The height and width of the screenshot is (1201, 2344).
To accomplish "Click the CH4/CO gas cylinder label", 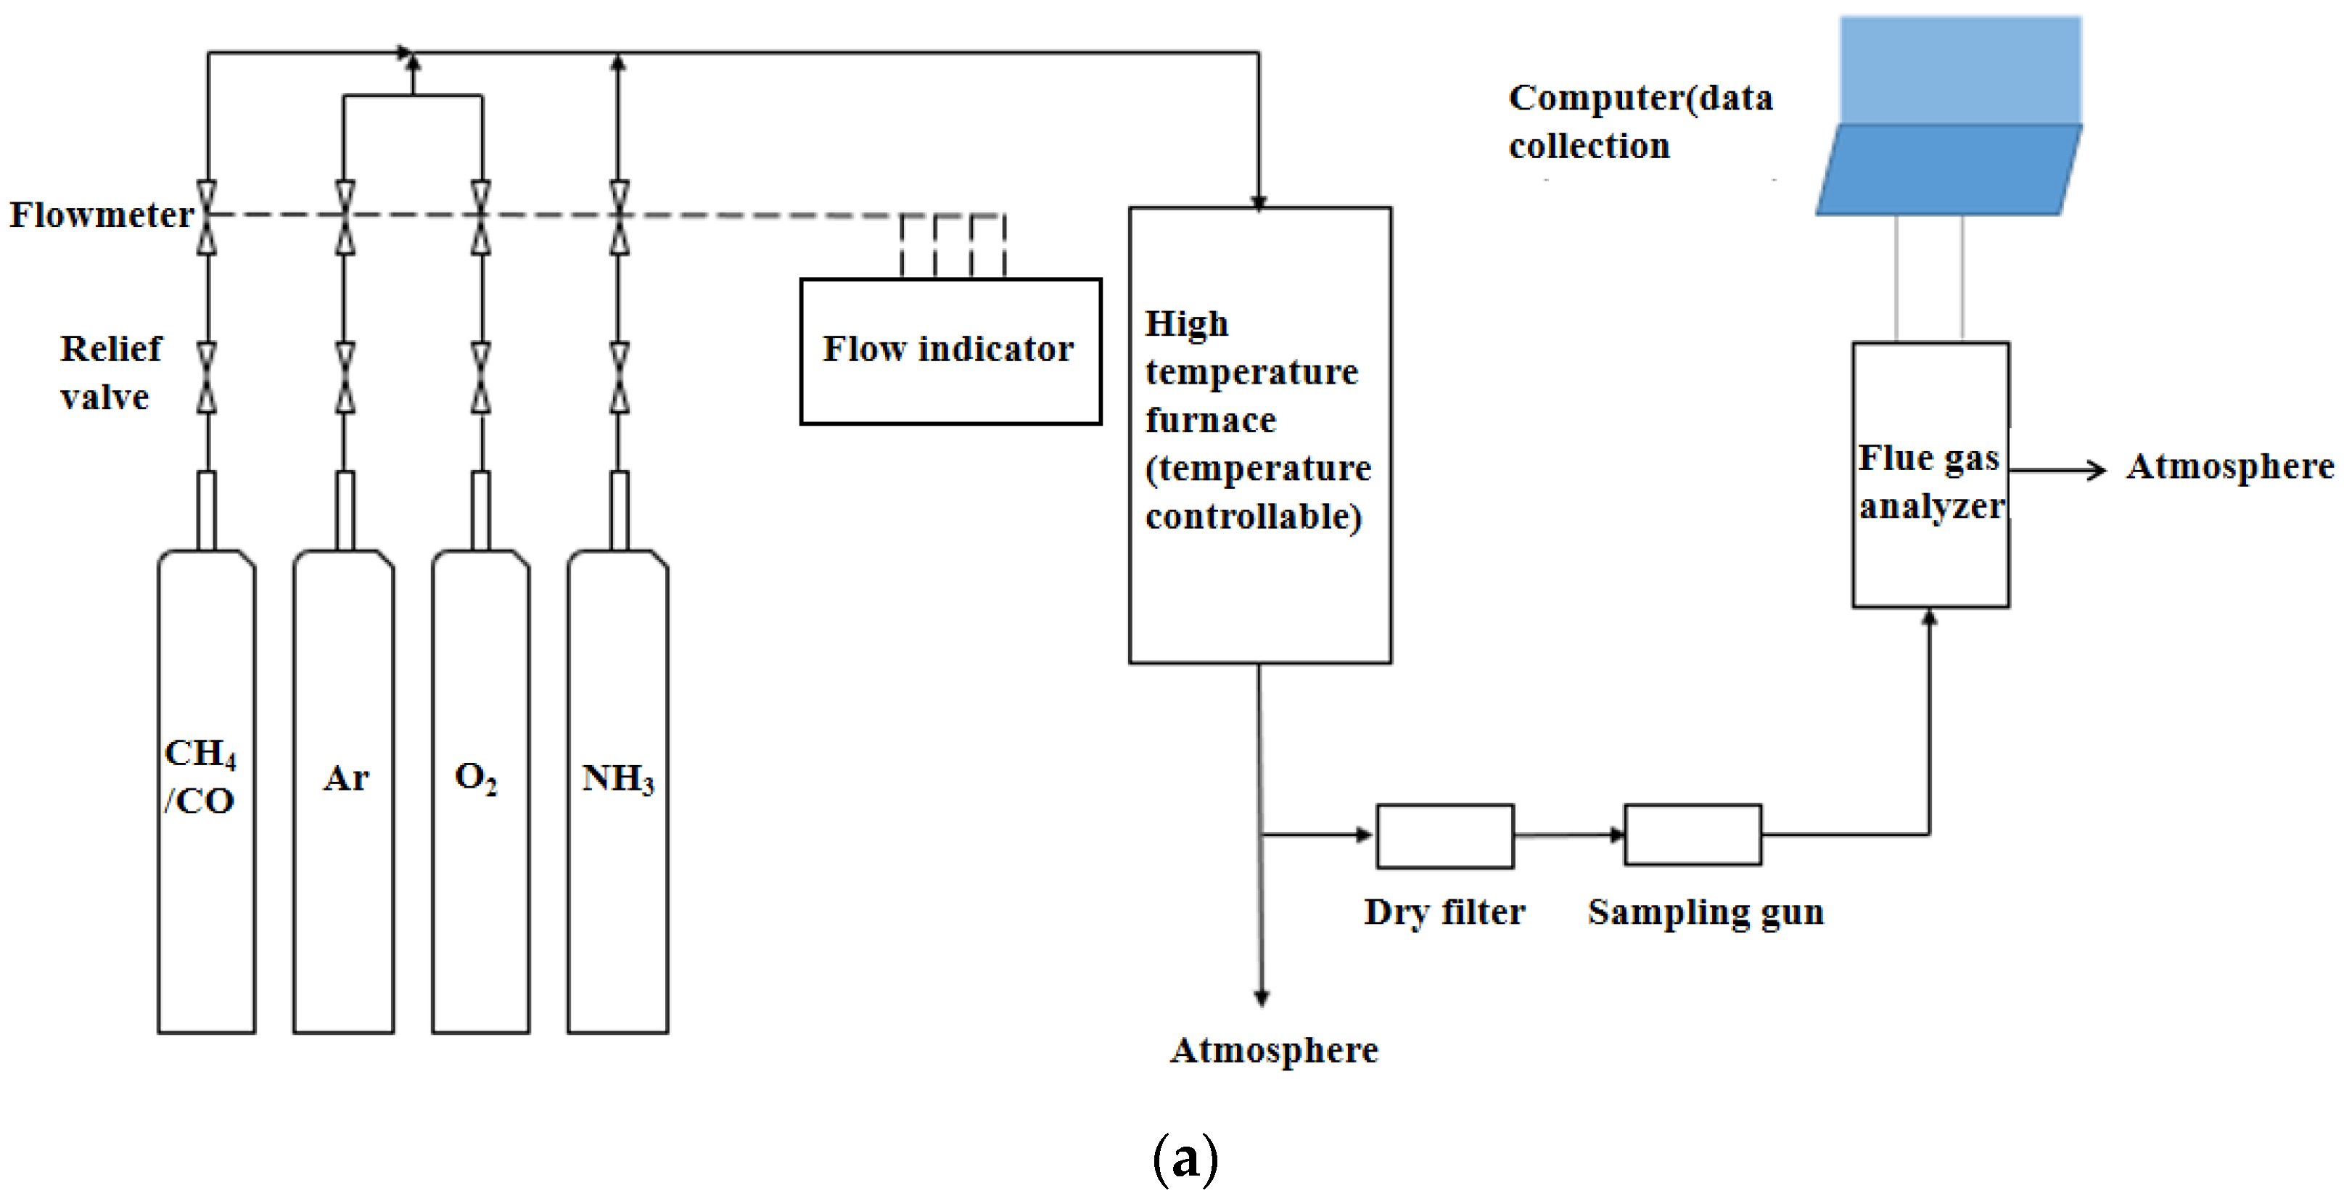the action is (x=200, y=776).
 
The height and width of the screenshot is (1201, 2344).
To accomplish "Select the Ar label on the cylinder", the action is (x=346, y=778).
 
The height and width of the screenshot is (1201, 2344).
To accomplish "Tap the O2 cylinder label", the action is (x=476, y=778).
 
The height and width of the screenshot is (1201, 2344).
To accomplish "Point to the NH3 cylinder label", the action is (x=618, y=779).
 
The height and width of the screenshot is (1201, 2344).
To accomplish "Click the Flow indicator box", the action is (x=951, y=351).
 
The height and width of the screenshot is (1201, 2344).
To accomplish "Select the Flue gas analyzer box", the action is (x=1931, y=475).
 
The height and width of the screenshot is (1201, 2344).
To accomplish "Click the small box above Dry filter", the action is (x=1445, y=836).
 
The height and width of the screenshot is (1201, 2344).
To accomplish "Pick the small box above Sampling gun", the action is (x=1693, y=834).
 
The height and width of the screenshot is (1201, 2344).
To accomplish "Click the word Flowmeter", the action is (x=102, y=215).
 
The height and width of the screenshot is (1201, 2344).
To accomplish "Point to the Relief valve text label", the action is (x=110, y=372).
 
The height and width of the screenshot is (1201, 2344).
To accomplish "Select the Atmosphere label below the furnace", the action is (x=1274, y=1050).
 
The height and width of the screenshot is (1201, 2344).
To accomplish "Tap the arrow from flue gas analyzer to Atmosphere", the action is (x=2058, y=469).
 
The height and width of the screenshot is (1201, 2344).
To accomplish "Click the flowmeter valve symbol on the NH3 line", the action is (x=619, y=217).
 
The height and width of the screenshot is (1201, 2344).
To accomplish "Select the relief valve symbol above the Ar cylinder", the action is (x=345, y=378).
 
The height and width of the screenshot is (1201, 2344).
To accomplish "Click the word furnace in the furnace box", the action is (x=1210, y=421).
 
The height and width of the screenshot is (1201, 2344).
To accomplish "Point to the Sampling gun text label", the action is (x=1706, y=912).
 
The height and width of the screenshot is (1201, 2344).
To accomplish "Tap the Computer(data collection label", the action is (x=1640, y=122).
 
